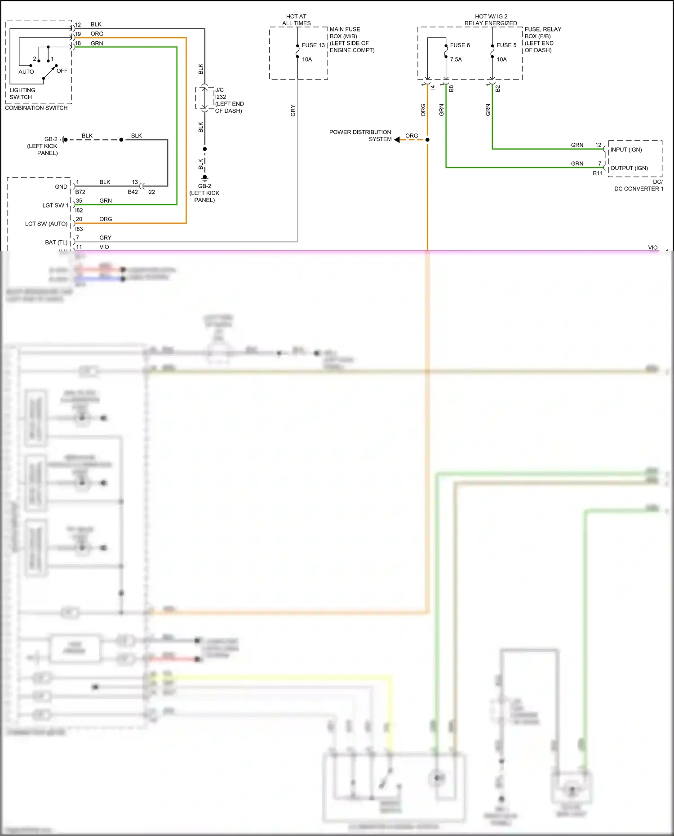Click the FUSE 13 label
pyautogui.click(x=313, y=45)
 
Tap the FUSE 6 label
pyautogui.click(x=460, y=45)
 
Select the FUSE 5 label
pyautogui.click(x=506, y=45)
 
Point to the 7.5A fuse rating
pyautogui.click(x=456, y=59)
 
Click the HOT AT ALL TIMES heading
pyautogui.click(x=296, y=20)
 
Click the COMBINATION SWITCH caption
pyautogui.click(x=36, y=108)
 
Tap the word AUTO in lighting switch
pyautogui.click(x=26, y=72)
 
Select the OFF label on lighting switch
pyautogui.click(x=62, y=71)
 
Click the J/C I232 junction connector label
pyautogui.click(x=229, y=100)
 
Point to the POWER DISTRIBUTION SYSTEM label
pyautogui.click(x=360, y=136)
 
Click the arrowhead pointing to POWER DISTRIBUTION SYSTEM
pyautogui.click(x=397, y=140)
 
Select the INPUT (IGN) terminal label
pyautogui.click(x=626, y=150)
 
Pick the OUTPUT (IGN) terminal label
pyautogui.click(x=629, y=168)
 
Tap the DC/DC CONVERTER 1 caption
pyautogui.click(x=639, y=185)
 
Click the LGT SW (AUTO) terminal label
pyautogui.click(x=46, y=224)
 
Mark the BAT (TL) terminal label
pyautogui.click(x=56, y=243)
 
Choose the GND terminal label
pyautogui.click(x=61, y=187)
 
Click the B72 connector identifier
pyautogui.click(x=80, y=192)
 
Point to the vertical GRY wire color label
pyautogui.click(x=293, y=111)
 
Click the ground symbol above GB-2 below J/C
pyautogui.click(x=204, y=178)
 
